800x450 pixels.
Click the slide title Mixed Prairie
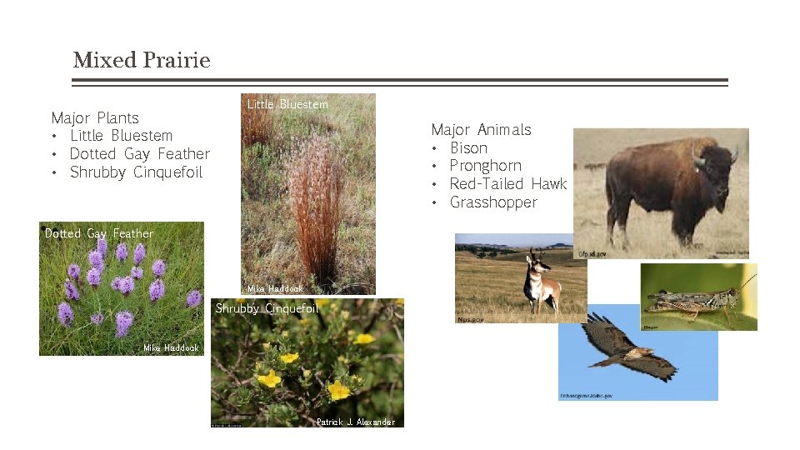click(141, 60)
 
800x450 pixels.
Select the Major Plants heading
click(95, 117)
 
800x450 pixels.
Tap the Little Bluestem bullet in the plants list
click(121, 136)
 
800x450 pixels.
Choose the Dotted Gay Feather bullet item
click(139, 154)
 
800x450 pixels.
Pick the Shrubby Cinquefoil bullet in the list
click(136, 172)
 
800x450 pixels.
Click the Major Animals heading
click(481, 129)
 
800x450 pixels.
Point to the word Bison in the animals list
click(468, 147)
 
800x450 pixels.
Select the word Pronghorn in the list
click(485, 166)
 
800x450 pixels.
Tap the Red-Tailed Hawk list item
click(507, 184)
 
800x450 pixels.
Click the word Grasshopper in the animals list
click(493, 202)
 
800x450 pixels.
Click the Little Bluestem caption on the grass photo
click(287, 104)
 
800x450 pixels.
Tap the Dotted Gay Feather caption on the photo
click(99, 233)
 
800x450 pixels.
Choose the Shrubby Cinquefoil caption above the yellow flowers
click(267, 308)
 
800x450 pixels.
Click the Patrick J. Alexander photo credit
click(356, 422)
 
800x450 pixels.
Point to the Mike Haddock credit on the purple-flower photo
click(171, 348)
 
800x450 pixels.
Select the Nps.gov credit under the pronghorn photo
click(470, 319)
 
